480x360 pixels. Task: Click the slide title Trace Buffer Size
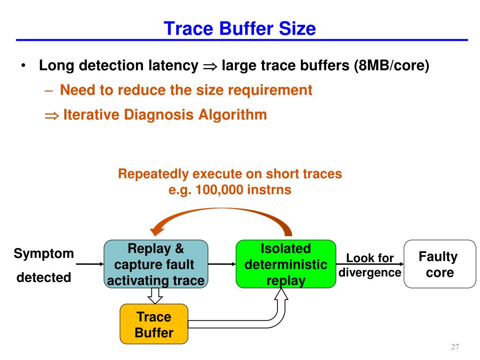click(x=240, y=29)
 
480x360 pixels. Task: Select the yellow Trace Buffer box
click(x=154, y=324)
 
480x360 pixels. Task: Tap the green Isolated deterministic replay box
click(x=286, y=264)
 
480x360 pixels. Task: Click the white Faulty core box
click(x=440, y=264)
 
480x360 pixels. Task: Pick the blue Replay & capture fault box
click(x=156, y=264)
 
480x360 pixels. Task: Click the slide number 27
click(x=455, y=346)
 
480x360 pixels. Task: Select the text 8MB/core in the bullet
click(x=391, y=65)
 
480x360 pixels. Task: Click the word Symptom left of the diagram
click(x=44, y=254)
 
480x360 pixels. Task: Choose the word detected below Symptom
click(x=44, y=277)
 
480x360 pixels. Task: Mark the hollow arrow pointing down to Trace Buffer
click(x=155, y=296)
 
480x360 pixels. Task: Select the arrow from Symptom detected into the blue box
click(x=90, y=264)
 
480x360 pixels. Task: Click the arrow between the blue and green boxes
click(x=222, y=264)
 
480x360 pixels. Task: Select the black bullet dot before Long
click(x=23, y=65)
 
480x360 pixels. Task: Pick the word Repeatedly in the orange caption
click(x=153, y=174)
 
